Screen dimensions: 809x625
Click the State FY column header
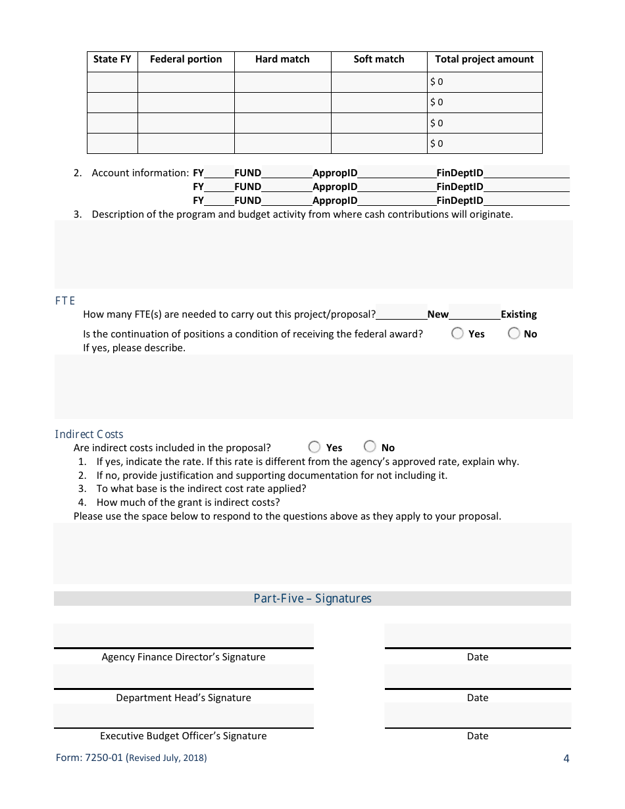tap(113, 59)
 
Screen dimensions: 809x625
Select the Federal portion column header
tap(186, 59)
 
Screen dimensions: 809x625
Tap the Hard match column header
tap(282, 59)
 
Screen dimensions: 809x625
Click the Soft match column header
tap(379, 59)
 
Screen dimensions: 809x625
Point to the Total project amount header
tap(484, 59)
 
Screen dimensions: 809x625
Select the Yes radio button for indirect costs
tap(314, 447)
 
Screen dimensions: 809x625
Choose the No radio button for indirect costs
tap(370, 447)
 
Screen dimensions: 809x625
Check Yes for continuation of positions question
tap(457, 333)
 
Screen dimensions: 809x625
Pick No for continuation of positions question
tap(514, 333)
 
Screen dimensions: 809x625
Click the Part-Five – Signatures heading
tap(312, 599)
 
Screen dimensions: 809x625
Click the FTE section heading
tap(65, 301)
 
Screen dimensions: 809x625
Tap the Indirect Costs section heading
tap(89, 434)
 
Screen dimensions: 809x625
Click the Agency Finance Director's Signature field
tap(184, 636)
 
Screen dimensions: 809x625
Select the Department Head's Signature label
tap(184, 698)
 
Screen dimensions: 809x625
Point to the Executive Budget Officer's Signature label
tap(184, 736)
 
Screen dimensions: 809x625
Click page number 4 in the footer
tap(566, 758)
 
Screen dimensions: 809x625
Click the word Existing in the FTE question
tap(518, 314)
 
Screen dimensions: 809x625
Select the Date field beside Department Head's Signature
tap(478, 677)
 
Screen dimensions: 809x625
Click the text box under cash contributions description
tap(313, 255)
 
